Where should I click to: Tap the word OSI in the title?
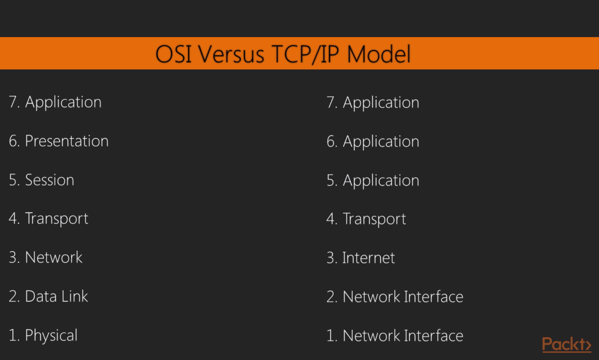[174, 54]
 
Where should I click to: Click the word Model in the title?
[379, 54]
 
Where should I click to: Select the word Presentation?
[67, 141]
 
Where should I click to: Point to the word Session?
[50, 180]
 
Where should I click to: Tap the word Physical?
[51, 336]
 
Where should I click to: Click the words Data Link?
[56, 296]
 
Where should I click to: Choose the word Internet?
[368, 258]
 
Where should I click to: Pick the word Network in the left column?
[54, 258]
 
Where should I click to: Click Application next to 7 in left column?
[63, 102]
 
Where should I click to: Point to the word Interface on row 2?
[434, 297]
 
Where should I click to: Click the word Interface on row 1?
[434, 336]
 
